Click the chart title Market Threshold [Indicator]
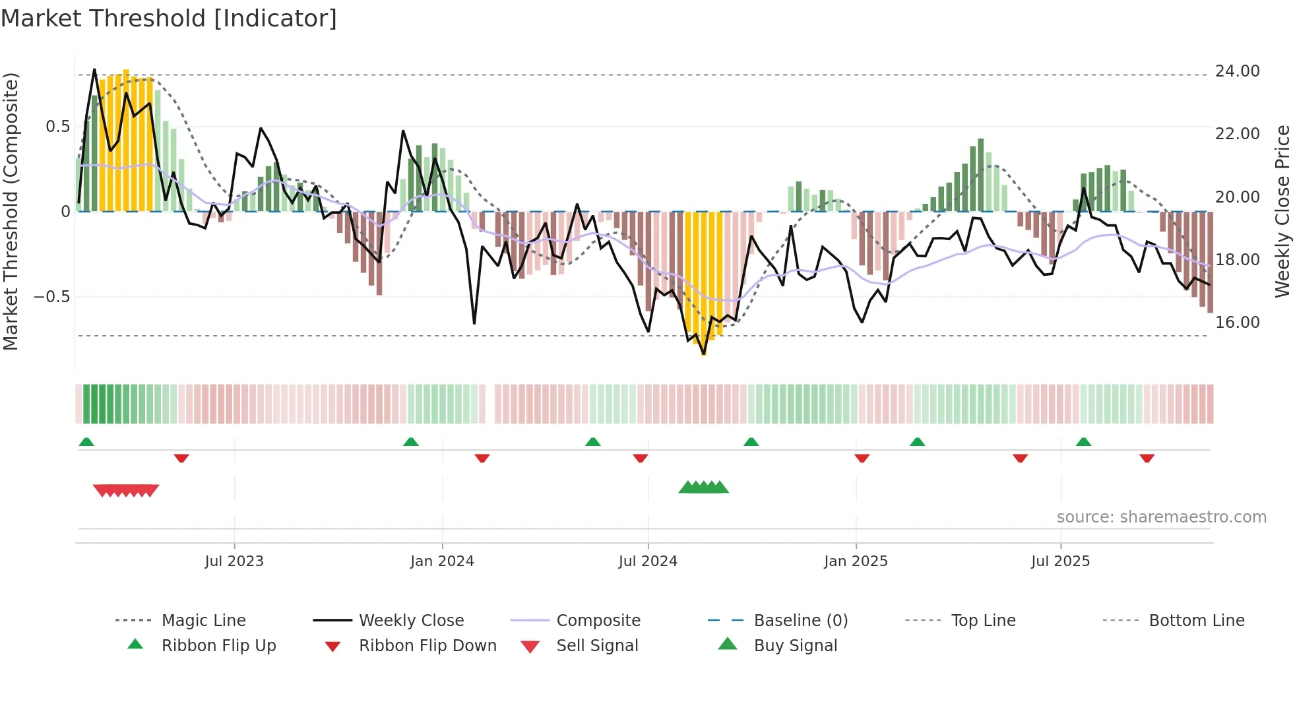tap(169, 18)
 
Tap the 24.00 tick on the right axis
tap(1237, 71)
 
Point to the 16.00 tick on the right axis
tap(1237, 323)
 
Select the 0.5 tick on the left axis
tap(57, 127)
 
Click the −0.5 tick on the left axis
tap(52, 297)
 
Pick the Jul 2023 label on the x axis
tap(234, 561)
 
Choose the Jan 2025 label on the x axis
tap(856, 561)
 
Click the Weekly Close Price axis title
tap(1282, 211)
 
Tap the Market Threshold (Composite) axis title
tap(11, 211)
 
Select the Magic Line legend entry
tap(203, 621)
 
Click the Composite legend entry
tap(598, 621)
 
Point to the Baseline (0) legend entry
tap(800, 621)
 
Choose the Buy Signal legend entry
tap(795, 646)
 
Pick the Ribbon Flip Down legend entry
tap(427, 646)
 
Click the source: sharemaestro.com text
tap(1161, 517)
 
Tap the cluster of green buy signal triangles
tap(703, 488)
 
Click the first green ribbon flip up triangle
tap(86, 442)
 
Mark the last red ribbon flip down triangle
tap(1147, 458)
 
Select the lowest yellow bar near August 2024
tap(704, 350)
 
